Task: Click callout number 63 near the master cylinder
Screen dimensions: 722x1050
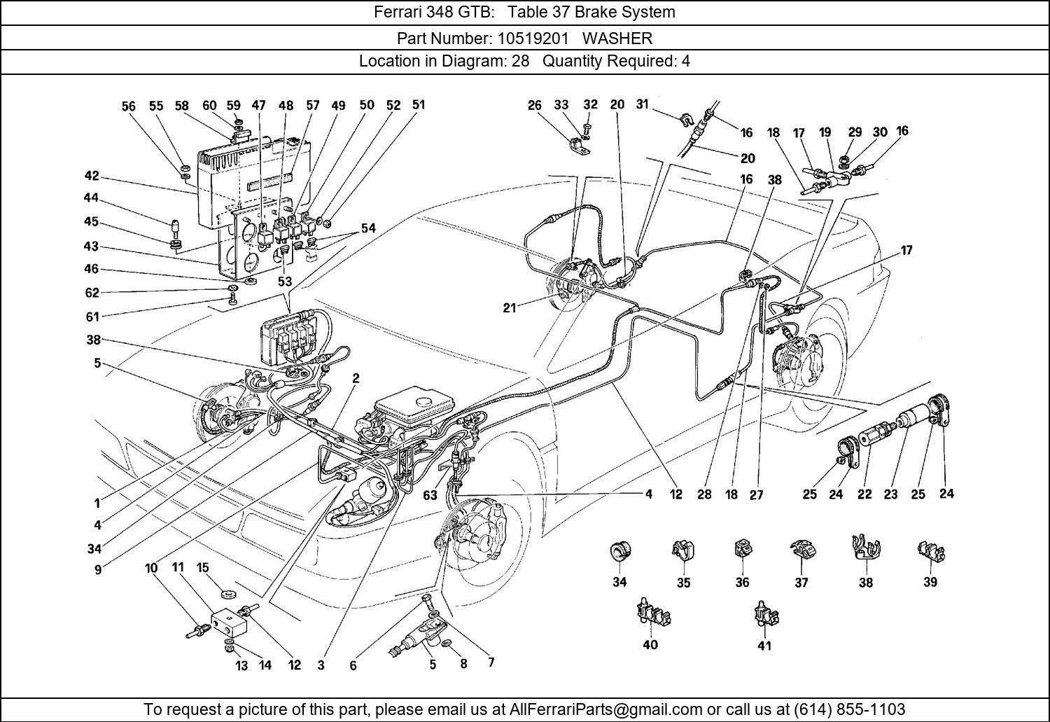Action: pyautogui.click(x=430, y=495)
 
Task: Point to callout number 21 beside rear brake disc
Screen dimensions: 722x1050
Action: pyautogui.click(x=510, y=307)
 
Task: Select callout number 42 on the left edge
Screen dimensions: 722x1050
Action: pyautogui.click(x=92, y=176)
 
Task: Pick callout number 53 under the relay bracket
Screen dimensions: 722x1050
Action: pyautogui.click(x=284, y=282)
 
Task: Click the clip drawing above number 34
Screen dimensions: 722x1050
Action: pyautogui.click(x=619, y=551)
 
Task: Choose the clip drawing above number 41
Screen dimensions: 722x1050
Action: pyautogui.click(x=766, y=614)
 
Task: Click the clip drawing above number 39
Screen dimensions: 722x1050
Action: pyautogui.click(x=930, y=552)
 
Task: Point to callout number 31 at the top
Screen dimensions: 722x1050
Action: pyautogui.click(x=643, y=104)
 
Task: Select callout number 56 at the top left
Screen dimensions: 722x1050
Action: pyautogui.click(x=128, y=106)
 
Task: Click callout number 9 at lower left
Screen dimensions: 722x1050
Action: pyautogui.click(x=98, y=570)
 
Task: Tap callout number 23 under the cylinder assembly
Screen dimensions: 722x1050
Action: pyautogui.click(x=890, y=494)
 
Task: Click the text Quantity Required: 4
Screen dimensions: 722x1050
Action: pyautogui.click(x=616, y=61)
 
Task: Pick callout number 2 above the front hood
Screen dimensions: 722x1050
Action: pyautogui.click(x=356, y=378)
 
